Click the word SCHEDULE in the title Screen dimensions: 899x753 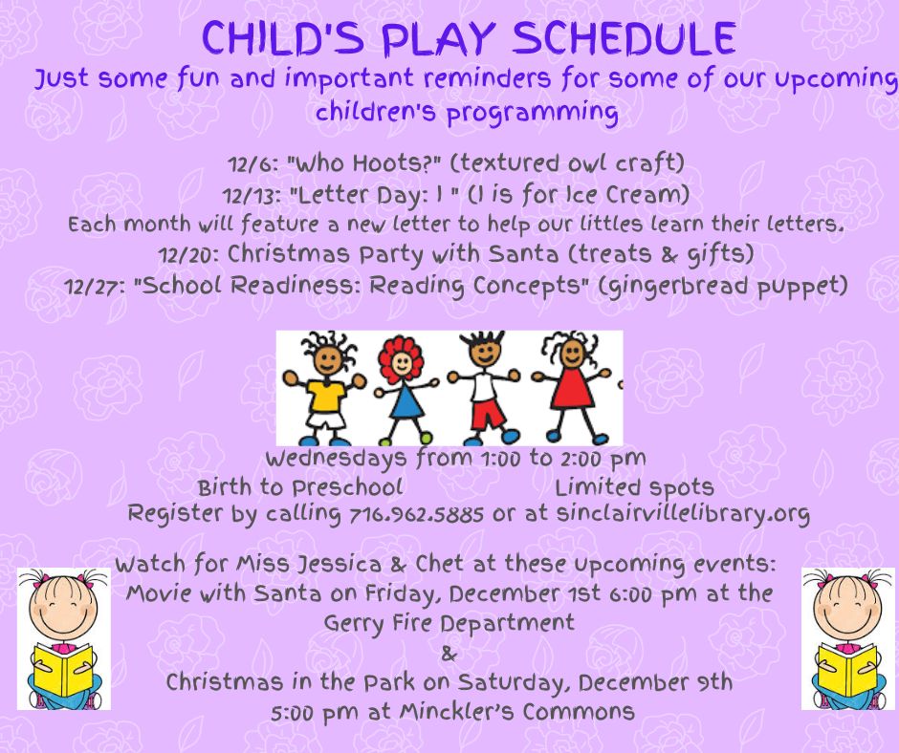[624, 38]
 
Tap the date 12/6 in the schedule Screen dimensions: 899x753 [252, 164]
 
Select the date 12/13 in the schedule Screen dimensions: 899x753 [252, 196]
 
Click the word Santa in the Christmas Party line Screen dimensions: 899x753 [523, 254]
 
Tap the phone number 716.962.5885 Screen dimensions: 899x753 [416, 514]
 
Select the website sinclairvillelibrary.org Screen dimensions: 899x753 [683, 514]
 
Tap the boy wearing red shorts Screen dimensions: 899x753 [485, 387]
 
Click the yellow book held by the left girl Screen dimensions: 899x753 [62, 670]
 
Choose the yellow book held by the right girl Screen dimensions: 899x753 [847, 670]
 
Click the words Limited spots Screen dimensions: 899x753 [634, 487]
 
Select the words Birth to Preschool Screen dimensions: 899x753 [300, 487]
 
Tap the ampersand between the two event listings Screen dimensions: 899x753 [449, 654]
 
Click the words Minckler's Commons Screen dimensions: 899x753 [516, 711]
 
